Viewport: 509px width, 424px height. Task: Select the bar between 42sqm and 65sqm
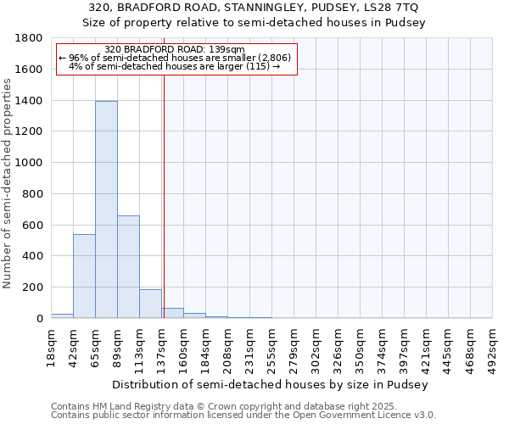tap(84, 276)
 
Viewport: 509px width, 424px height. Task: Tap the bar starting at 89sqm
tap(128, 266)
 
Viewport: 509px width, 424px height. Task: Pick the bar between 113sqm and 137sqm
tap(150, 304)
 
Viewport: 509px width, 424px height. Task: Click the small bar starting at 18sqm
tap(62, 315)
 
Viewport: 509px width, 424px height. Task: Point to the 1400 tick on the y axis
tap(31, 101)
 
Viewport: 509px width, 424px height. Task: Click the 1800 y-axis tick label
tap(31, 38)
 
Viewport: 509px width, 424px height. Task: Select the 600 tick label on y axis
tap(35, 225)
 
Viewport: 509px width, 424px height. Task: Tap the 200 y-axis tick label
tap(35, 287)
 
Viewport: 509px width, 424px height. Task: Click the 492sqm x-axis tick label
tap(493, 347)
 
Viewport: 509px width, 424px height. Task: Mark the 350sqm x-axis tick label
tap(361, 347)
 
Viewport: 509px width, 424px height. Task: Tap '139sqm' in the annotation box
tap(228, 49)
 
